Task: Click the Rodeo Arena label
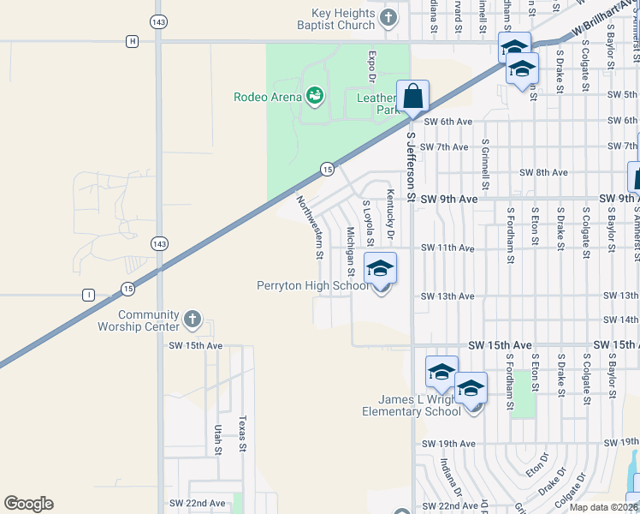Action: pyautogui.click(x=267, y=97)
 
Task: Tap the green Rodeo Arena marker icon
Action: pyautogui.click(x=315, y=95)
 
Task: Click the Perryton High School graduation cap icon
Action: pyautogui.click(x=381, y=270)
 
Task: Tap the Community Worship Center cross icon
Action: pyautogui.click(x=192, y=320)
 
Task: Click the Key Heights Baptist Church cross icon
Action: pyautogui.click(x=388, y=17)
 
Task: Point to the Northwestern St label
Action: pyautogui.click(x=310, y=227)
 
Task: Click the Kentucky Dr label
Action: pyautogui.click(x=390, y=214)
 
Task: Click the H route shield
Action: pyautogui.click(x=132, y=41)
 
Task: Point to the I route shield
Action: pyautogui.click(x=88, y=296)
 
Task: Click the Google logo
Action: pyautogui.click(x=28, y=504)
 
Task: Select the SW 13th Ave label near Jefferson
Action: pyautogui.click(x=448, y=296)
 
